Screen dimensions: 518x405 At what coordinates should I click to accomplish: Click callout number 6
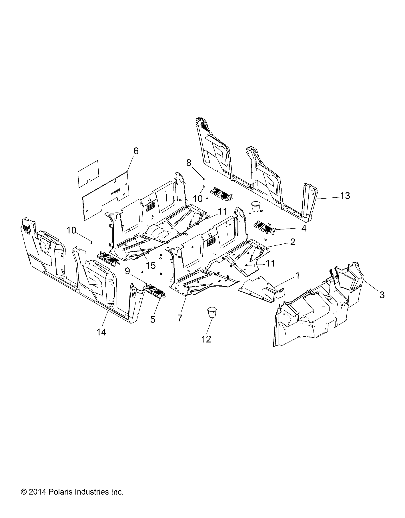tap(136, 151)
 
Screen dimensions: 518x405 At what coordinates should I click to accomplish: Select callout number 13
tap(345, 196)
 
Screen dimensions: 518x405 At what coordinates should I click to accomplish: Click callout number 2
tap(293, 242)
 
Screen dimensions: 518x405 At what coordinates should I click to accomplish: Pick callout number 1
tap(297, 275)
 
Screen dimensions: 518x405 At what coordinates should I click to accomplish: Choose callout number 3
tap(382, 295)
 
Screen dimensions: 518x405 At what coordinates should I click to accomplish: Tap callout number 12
tap(206, 339)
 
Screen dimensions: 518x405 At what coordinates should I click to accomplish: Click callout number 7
tap(180, 318)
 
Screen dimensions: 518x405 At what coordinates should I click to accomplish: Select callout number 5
tap(153, 319)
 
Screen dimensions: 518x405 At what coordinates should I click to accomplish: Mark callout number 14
tap(101, 332)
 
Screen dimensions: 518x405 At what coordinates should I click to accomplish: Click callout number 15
tap(151, 265)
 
